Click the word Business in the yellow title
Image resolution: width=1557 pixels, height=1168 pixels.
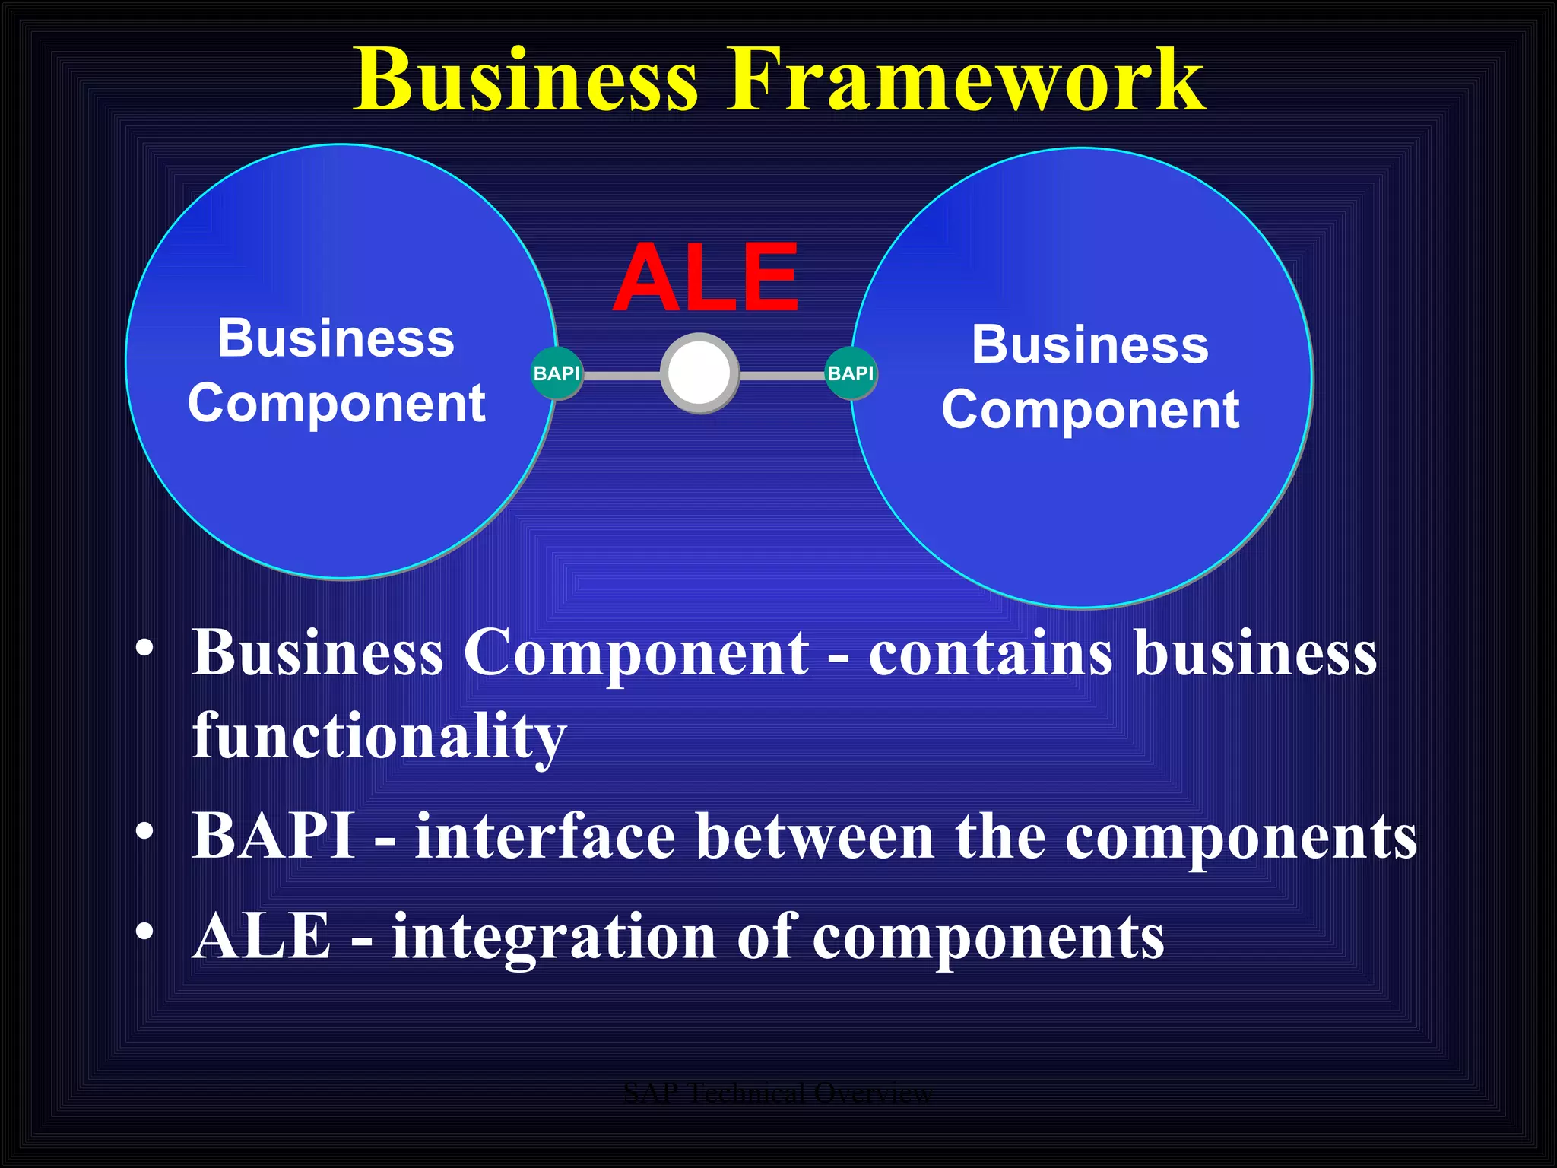coord(526,81)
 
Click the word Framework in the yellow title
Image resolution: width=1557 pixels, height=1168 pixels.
coord(966,81)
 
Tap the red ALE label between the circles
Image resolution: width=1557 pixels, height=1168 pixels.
coord(706,278)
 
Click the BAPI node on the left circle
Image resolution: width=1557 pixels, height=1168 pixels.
coord(557,373)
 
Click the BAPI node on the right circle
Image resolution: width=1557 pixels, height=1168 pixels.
coord(850,373)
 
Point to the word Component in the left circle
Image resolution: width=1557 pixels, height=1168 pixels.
coord(337,404)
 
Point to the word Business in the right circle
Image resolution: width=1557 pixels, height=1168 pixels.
coord(1089,345)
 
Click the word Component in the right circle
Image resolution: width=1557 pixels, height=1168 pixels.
coord(1090,411)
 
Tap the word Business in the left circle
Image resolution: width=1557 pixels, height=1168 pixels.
coord(336,338)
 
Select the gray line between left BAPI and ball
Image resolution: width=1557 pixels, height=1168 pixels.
coord(621,376)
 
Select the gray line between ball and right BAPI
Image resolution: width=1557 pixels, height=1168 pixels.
coord(782,376)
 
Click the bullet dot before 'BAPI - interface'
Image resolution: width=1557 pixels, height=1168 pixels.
coord(144,832)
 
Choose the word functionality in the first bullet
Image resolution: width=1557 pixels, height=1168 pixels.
coord(379,736)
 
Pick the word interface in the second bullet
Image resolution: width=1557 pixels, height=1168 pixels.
coord(545,836)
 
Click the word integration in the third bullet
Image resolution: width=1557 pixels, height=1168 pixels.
coord(553,938)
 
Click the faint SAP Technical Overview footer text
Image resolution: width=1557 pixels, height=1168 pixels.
coord(778,1093)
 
